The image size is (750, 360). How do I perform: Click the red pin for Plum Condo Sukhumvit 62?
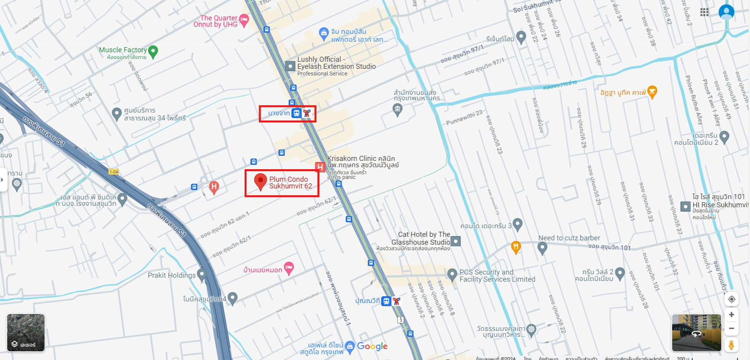[260, 181]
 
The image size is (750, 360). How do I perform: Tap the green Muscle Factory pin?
[153, 51]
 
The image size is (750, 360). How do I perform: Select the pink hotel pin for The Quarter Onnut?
[244, 20]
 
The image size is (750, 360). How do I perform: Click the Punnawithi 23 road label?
[464, 118]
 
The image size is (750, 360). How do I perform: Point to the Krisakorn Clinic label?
[361, 161]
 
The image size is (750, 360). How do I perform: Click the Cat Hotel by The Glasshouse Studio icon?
[455, 241]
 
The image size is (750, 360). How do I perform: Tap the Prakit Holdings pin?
[202, 274]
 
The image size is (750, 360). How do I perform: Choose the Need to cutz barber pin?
[542, 248]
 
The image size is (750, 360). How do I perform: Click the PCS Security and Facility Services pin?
[452, 273]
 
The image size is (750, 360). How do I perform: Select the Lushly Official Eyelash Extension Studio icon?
[290, 66]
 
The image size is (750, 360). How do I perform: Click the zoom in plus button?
[731, 315]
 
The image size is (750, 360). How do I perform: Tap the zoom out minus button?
[731, 329]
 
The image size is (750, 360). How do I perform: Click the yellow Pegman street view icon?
[731, 345]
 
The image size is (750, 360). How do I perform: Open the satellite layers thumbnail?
[26, 332]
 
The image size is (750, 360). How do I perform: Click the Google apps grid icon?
[704, 12]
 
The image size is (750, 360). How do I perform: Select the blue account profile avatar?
[726, 12]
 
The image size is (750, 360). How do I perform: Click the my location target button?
[731, 299]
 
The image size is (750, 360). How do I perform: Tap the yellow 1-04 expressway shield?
[114, 172]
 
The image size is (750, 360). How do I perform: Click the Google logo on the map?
[372, 346]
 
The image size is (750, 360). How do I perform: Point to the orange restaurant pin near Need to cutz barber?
[516, 247]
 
